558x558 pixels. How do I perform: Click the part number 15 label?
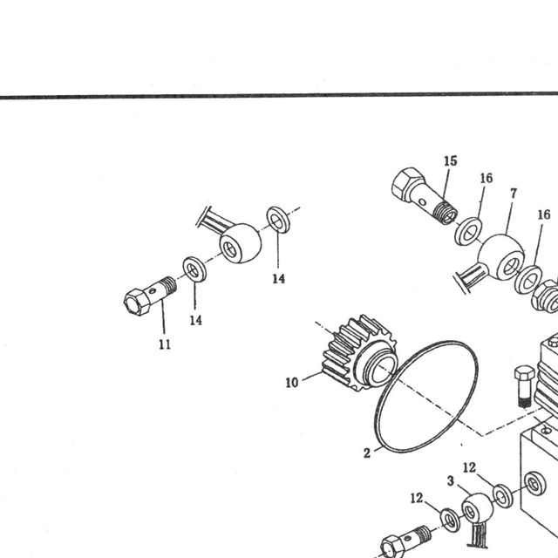(x=450, y=160)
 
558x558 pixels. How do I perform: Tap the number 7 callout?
(x=514, y=194)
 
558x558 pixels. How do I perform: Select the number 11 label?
(x=165, y=344)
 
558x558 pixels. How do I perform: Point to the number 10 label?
(x=292, y=383)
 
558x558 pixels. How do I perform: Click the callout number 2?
(x=367, y=453)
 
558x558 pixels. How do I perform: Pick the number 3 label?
(x=451, y=481)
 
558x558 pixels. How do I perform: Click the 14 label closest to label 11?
(x=195, y=320)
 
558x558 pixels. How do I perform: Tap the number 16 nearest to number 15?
(x=487, y=178)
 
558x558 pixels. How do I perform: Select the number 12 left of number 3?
(x=417, y=498)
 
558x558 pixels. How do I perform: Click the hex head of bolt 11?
(x=137, y=302)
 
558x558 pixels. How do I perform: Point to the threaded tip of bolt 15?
(x=445, y=212)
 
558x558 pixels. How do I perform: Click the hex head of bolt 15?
(x=409, y=185)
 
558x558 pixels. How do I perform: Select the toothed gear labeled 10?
(x=360, y=352)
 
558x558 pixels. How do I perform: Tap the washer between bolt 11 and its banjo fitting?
(x=194, y=269)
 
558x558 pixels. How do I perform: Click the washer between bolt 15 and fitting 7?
(x=468, y=232)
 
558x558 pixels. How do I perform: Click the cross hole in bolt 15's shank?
(x=422, y=203)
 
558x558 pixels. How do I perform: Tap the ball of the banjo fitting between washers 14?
(x=241, y=243)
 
